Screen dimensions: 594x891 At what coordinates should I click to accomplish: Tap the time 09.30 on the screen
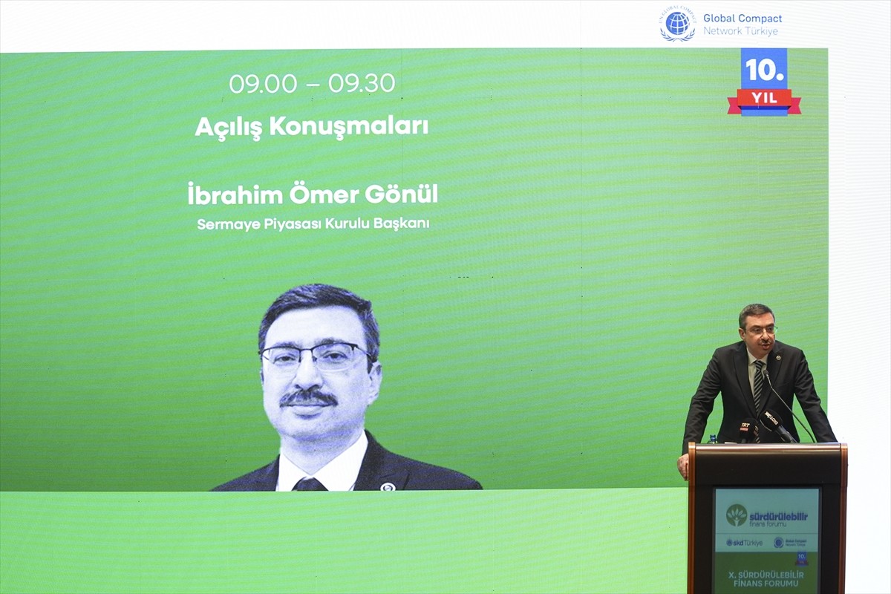[x=362, y=84]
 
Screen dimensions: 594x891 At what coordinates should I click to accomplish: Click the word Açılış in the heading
[x=229, y=127]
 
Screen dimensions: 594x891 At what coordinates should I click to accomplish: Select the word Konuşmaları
[x=348, y=127]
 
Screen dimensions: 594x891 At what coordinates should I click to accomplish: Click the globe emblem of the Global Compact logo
[x=677, y=24]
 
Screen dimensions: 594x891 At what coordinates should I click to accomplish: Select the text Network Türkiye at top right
[x=740, y=31]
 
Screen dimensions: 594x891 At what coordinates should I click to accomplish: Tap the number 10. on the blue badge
[x=764, y=71]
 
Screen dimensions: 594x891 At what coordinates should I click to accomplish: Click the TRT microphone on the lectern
[x=745, y=428]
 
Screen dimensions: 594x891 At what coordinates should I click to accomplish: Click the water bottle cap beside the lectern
[x=713, y=438]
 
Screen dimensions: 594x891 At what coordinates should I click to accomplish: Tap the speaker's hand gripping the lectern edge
[x=682, y=466]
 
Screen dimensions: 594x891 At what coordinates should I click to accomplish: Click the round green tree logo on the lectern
[x=737, y=515]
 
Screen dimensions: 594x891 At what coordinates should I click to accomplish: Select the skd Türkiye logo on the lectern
[x=744, y=543]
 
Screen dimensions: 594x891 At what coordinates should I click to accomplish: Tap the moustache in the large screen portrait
[x=309, y=399]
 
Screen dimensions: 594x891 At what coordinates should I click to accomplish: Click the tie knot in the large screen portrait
[x=310, y=485]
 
